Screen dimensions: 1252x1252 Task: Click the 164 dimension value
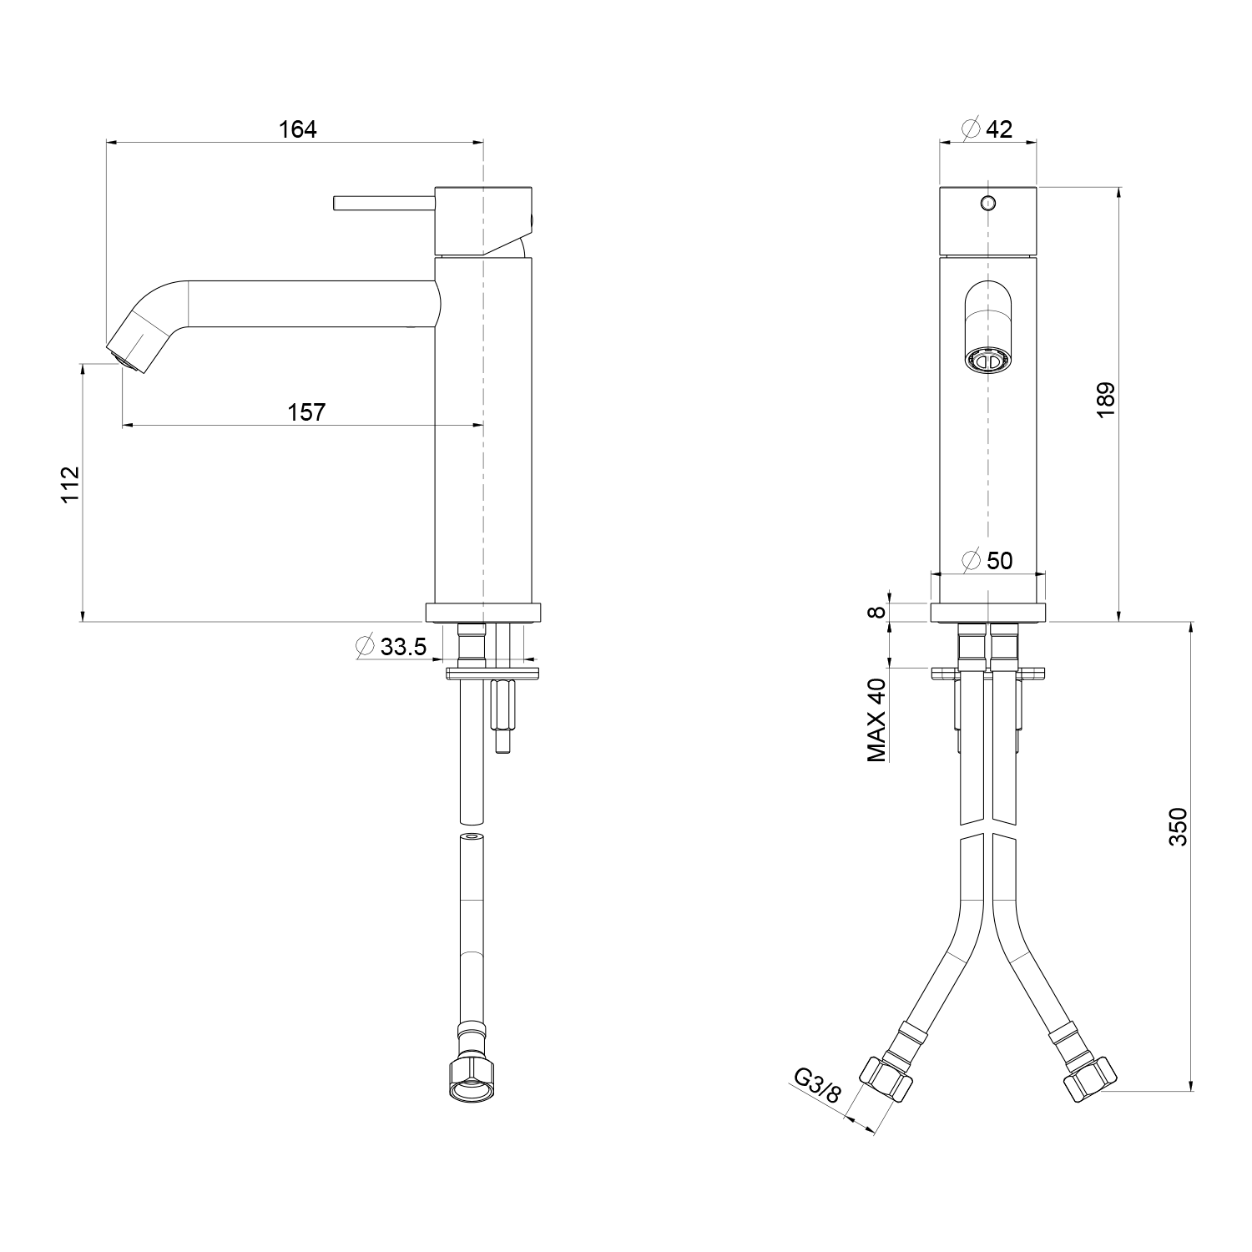point(298,129)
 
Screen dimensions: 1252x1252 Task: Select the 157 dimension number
point(306,412)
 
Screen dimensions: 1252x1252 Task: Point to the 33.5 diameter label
point(391,646)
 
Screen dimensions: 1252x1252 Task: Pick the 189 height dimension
point(1106,401)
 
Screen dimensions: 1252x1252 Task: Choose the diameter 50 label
point(987,560)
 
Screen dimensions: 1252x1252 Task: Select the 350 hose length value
point(1177,826)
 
